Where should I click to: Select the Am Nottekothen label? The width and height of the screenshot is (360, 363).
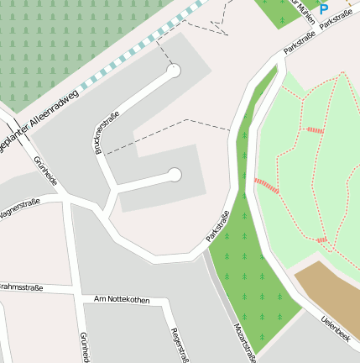coord(122,299)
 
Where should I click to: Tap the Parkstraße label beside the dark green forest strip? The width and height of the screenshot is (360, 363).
coord(218,227)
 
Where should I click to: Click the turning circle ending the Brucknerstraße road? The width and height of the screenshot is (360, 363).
coord(174,72)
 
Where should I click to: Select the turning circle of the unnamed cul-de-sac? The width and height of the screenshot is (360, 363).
coord(175,175)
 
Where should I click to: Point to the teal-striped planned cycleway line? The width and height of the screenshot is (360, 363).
coord(143,46)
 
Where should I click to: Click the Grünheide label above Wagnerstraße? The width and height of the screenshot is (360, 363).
coord(46,171)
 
